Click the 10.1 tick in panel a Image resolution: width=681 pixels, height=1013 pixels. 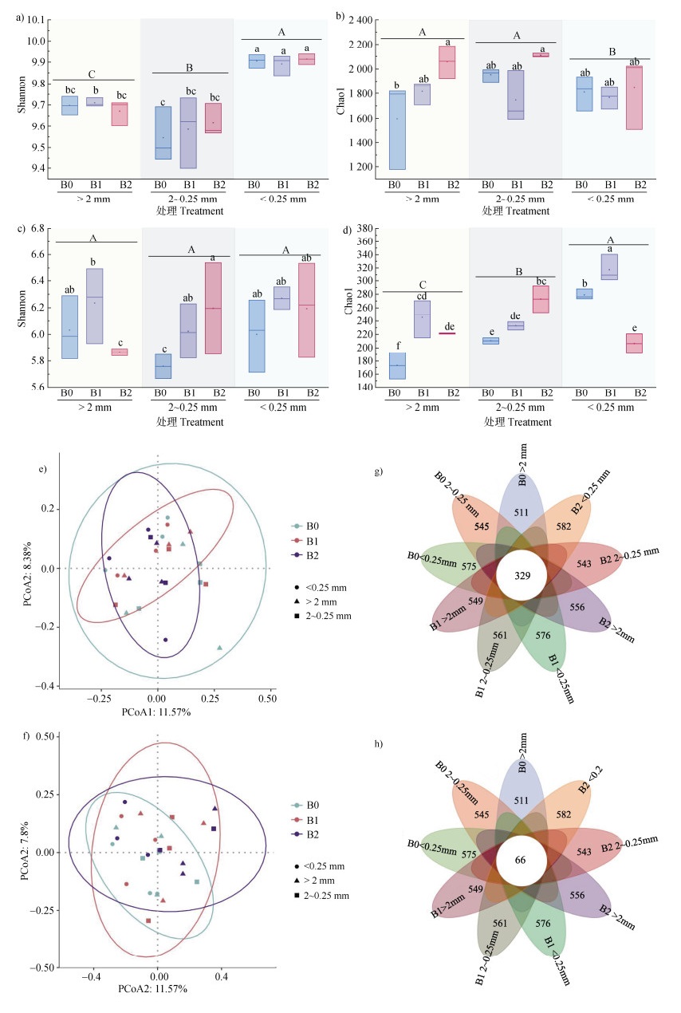click(33, 19)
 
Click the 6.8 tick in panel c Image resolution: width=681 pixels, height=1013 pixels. click(35, 229)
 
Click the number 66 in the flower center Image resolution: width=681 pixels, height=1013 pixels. click(521, 860)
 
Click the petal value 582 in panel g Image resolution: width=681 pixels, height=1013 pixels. click(564, 526)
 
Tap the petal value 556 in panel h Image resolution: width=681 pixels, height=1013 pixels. click(577, 896)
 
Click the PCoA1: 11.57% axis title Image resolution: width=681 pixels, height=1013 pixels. click(156, 711)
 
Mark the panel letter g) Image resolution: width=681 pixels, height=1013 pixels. click(378, 471)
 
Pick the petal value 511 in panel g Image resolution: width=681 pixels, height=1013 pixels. click(521, 511)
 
